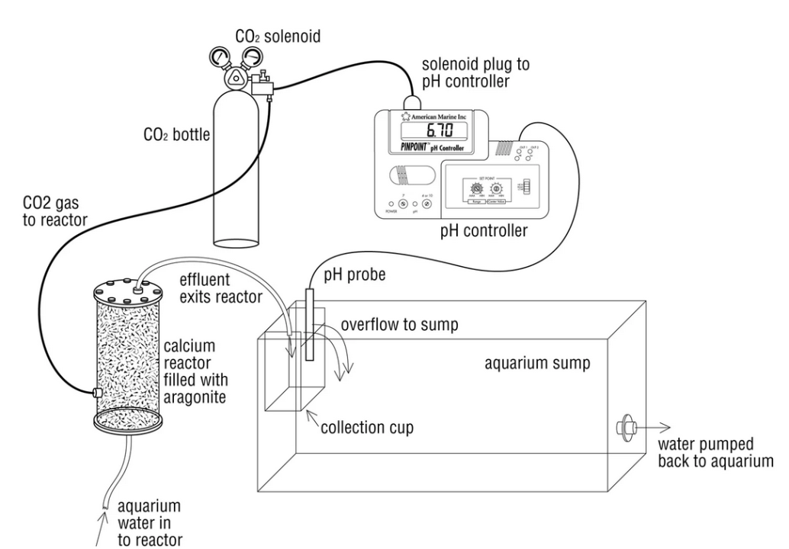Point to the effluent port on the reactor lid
(x=137, y=290)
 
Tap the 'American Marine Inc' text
(x=436, y=117)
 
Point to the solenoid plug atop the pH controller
(x=413, y=101)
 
